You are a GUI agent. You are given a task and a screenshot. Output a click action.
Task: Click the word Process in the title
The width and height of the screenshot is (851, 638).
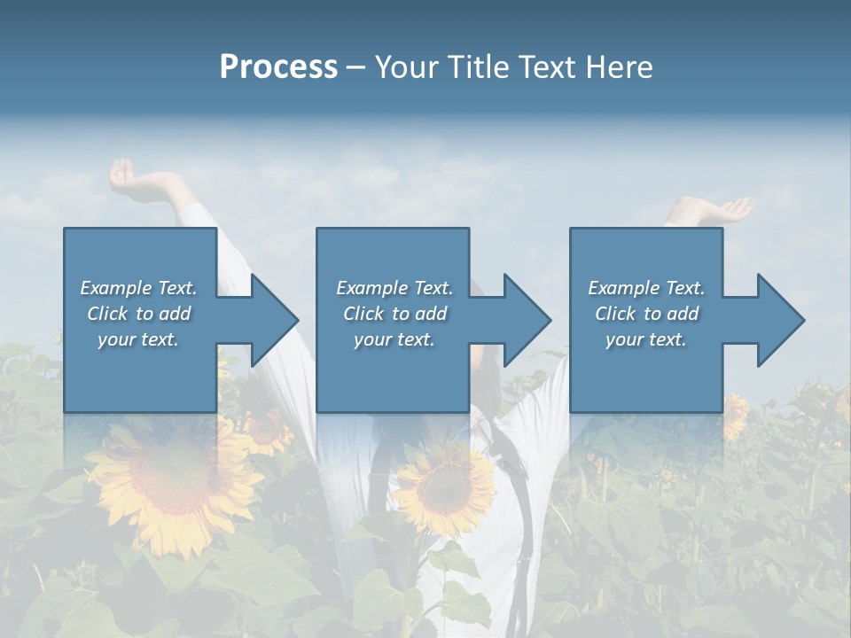tap(278, 67)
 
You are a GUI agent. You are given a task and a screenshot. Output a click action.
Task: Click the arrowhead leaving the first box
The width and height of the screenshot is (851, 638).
tap(271, 320)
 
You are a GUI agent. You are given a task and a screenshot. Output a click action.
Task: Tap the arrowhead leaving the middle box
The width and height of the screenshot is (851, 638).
tap(524, 320)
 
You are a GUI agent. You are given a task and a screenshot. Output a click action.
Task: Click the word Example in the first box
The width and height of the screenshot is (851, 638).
tap(115, 288)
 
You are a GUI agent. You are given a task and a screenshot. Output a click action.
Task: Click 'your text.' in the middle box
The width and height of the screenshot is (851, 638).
tap(394, 339)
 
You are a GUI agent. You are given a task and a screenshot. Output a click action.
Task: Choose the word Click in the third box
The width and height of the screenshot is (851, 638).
tap(615, 314)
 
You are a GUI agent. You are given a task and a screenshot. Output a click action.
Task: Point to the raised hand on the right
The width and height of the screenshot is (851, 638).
tap(718, 210)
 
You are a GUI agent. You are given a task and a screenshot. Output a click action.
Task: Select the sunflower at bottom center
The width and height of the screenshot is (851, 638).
tap(443, 486)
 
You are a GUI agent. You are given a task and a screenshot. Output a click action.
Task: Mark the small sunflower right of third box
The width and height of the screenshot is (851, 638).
tap(735, 416)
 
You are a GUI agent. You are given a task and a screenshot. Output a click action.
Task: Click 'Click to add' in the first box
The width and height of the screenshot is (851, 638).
tap(139, 314)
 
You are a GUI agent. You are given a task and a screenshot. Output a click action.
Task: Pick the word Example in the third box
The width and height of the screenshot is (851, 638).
tap(623, 288)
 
